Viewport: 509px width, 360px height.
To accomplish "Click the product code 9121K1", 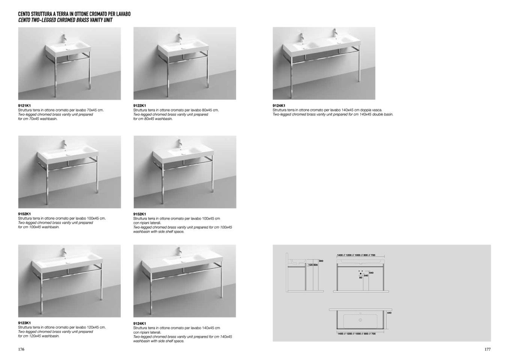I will [x=24, y=106].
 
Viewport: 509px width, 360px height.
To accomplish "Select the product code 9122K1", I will [x=140, y=106].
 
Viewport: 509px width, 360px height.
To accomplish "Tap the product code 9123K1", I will [x=24, y=323].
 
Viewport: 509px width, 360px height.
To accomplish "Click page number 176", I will [x=21, y=349].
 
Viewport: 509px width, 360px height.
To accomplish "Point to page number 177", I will [x=487, y=349].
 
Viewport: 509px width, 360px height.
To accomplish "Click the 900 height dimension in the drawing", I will [x=321, y=261].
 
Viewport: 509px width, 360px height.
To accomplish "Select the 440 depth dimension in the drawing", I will [x=389, y=313].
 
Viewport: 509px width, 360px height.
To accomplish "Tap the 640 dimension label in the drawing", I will [x=371, y=273].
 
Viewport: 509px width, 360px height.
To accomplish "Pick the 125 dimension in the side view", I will [x=310, y=265].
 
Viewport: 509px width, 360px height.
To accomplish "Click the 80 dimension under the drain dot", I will [x=361, y=278].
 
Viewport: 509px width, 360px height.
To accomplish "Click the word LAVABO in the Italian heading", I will [x=122, y=14].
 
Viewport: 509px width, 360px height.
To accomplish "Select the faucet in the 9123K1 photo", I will [x=64, y=252].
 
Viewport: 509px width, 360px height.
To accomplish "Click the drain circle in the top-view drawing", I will [x=360, y=320].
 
